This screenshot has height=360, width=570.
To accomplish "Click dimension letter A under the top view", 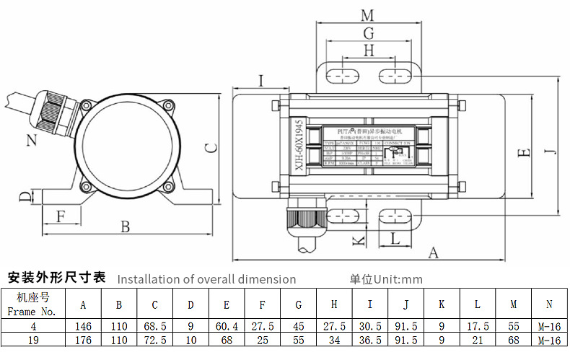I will click(434, 253).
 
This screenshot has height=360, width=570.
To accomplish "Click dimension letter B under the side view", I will click(125, 227).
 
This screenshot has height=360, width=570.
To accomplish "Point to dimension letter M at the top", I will click(367, 15).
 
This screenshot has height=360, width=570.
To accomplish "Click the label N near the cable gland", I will click(31, 140).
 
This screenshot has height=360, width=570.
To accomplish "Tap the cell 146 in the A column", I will click(83, 326).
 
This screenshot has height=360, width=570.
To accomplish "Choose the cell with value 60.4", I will click(227, 326).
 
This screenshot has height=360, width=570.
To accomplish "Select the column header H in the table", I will click(334, 304).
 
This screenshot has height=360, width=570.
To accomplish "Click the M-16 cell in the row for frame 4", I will click(550, 326).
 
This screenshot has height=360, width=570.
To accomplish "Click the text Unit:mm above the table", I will click(396, 279).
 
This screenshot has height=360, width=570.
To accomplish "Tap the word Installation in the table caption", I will click(148, 279).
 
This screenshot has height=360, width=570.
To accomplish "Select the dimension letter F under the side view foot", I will click(61, 215).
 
